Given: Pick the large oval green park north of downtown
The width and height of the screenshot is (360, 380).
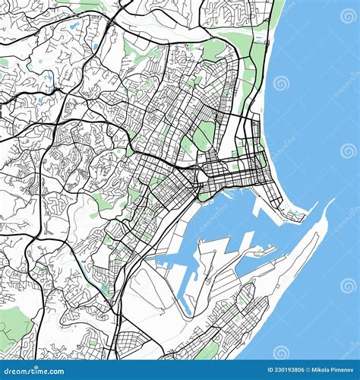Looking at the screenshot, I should point(204,136).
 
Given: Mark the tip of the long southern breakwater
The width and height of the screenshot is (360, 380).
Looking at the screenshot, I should point(332,201).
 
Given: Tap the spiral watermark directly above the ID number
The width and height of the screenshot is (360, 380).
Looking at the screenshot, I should point(281,352).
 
